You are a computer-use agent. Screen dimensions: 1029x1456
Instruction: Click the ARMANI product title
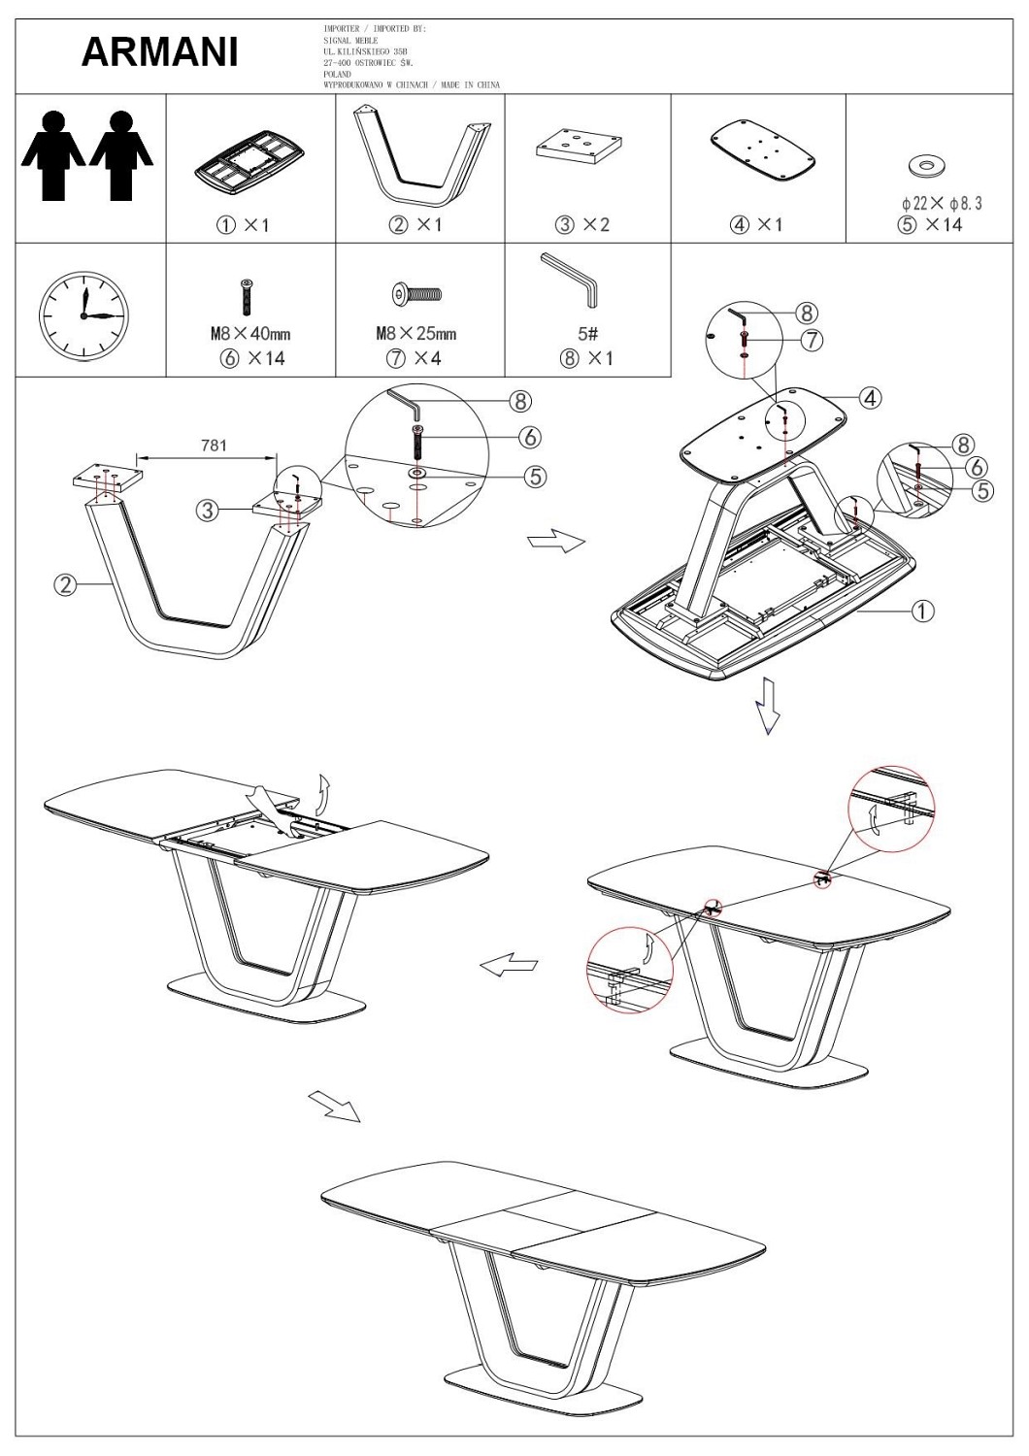(x=160, y=52)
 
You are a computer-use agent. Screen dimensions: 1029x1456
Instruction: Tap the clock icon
(x=83, y=315)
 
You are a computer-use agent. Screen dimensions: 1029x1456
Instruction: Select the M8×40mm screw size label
(x=250, y=334)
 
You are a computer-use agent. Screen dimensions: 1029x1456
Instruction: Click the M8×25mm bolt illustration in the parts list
(x=417, y=294)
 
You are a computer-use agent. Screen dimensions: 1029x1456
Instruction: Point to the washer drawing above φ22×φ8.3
(x=926, y=166)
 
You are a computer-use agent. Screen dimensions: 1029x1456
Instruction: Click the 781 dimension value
(x=214, y=446)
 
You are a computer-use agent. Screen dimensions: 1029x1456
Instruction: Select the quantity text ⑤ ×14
(x=930, y=225)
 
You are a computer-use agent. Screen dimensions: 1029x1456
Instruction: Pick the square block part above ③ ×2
(x=579, y=149)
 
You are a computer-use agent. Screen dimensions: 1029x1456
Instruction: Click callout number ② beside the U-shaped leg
(x=65, y=585)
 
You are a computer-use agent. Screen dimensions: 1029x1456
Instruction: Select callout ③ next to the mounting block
(x=208, y=511)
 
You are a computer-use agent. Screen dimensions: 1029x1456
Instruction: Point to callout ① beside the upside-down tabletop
(x=922, y=611)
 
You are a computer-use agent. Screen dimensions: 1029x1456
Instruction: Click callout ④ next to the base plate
(x=870, y=397)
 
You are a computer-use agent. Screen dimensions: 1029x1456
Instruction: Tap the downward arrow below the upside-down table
(x=768, y=707)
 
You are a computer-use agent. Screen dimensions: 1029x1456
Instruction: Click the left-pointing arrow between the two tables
(x=509, y=964)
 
